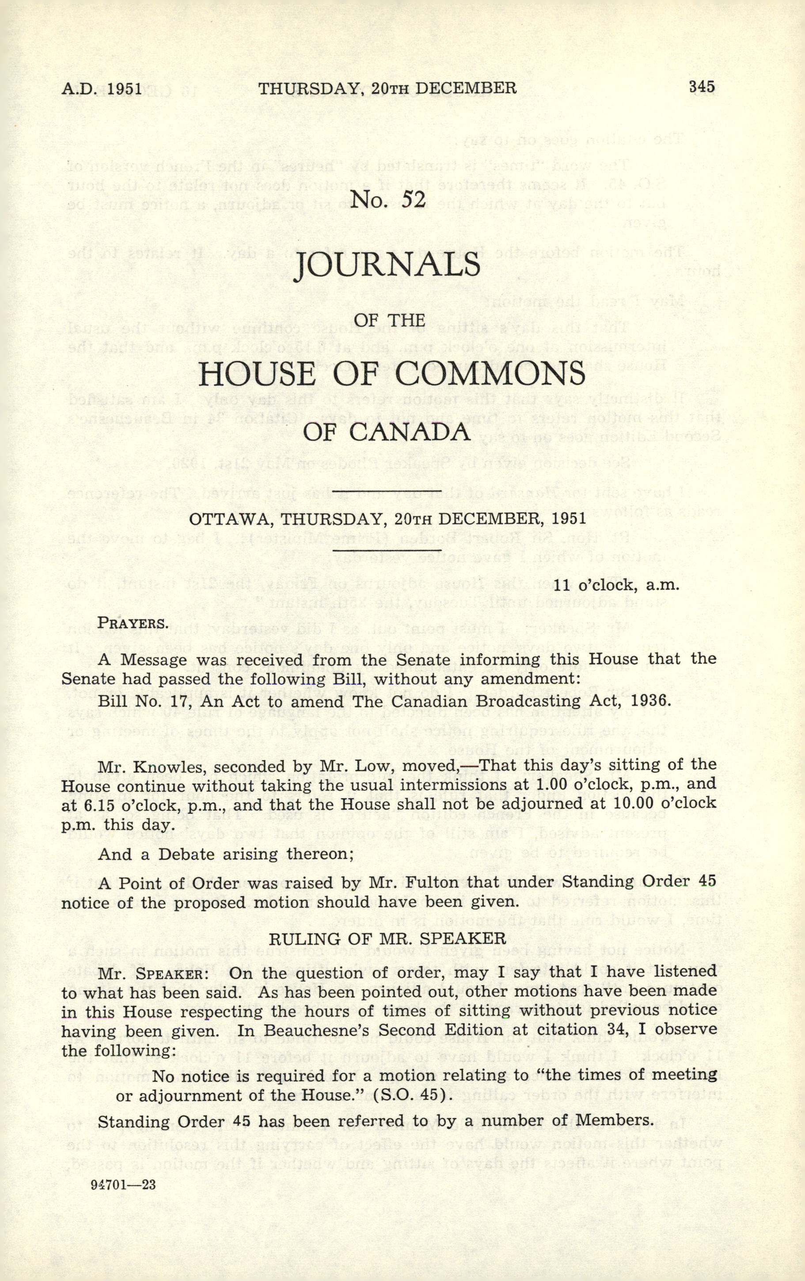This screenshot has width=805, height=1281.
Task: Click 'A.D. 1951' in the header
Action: coord(102,88)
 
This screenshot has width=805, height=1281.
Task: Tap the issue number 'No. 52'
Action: coord(388,200)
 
